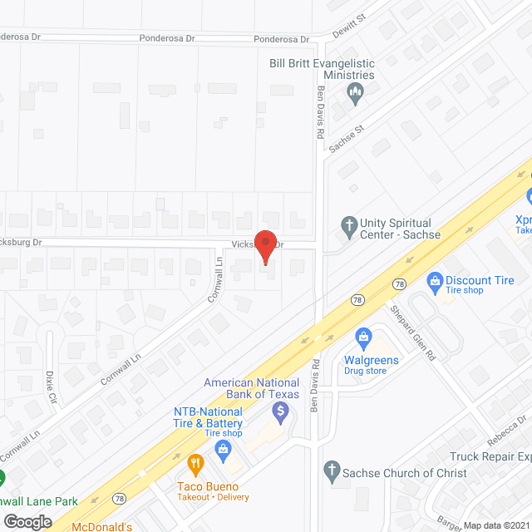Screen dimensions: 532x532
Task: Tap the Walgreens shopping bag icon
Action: point(362,337)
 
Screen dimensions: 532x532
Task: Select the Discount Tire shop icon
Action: point(433,281)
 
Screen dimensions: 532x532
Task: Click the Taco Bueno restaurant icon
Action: point(195,463)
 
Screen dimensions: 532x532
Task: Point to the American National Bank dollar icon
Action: point(281,411)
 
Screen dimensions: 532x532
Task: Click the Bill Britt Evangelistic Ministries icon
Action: point(356,93)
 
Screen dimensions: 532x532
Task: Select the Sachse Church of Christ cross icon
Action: point(332,471)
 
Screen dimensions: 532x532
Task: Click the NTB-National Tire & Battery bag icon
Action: point(223,450)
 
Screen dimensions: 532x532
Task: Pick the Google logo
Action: point(27,521)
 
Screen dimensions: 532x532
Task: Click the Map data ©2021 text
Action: point(496,525)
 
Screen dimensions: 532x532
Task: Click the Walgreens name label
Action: point(372,360)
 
